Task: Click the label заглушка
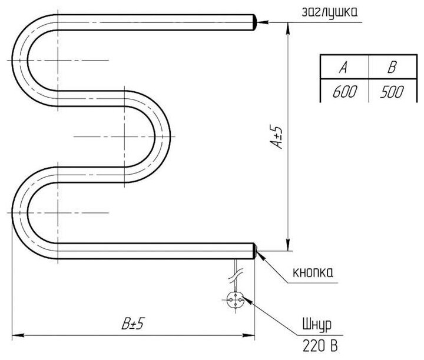(x=328, y=11)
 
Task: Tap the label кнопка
(x=313, y=272)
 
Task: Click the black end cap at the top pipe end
(x=255, y=22)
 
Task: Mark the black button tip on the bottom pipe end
(x=255, y=251)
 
